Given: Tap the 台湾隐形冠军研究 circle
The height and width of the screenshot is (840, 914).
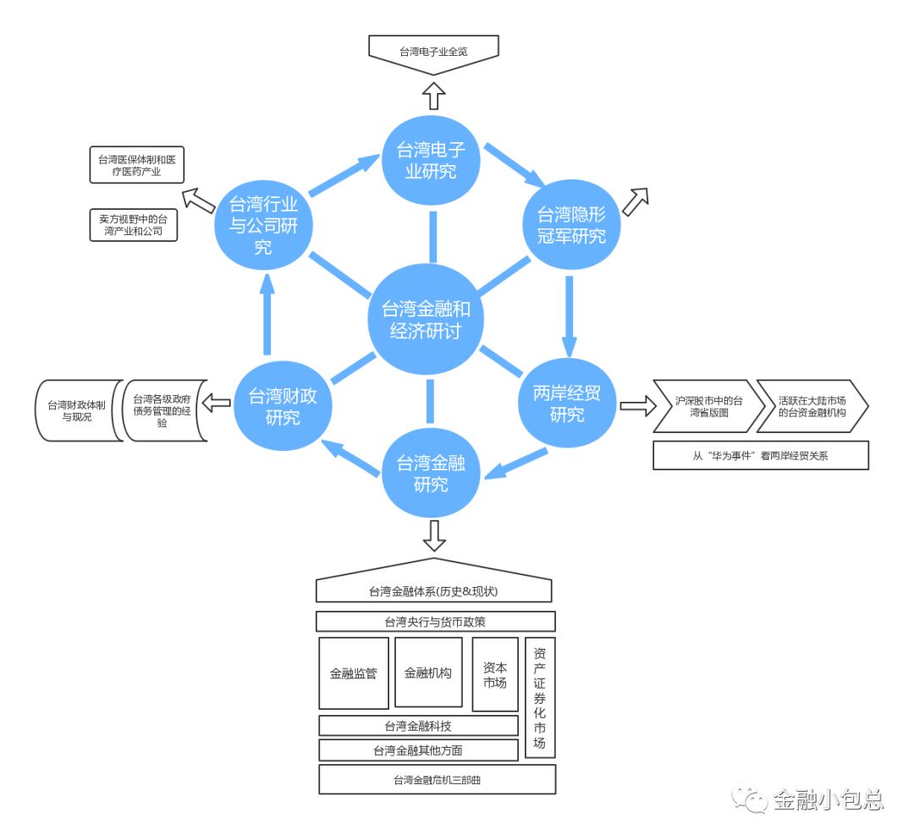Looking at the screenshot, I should [x=571, y=225].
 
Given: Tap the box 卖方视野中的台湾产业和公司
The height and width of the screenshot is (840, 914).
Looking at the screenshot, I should [x=134, y=225].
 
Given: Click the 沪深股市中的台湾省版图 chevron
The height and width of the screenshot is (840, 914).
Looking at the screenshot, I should [x=702, y=406].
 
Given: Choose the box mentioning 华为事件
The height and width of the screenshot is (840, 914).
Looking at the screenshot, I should [x=761, y=454].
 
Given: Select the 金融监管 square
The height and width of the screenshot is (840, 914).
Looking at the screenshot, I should [x=354, y=673].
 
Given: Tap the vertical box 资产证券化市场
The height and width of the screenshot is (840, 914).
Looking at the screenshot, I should [x=540, y=698].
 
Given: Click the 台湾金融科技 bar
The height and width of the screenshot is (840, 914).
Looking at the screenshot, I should [x=418, y=726].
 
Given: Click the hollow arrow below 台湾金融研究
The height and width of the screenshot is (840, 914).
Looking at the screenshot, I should [x=434, y=535].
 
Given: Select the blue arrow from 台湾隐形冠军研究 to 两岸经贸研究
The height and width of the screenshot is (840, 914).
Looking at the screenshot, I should [x=569, y=313].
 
